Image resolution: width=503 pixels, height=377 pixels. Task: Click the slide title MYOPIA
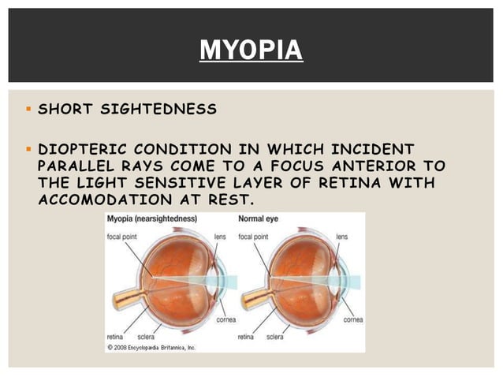(x=251, y=50)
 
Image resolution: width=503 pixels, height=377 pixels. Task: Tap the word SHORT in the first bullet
(x=62, y=109)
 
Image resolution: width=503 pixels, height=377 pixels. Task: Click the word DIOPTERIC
(x=83, y=149)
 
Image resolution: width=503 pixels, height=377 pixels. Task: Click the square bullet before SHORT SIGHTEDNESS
(x=28, y=109)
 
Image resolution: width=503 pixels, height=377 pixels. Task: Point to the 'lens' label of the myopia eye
(x=221, y=237)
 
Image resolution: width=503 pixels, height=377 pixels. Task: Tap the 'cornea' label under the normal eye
(x=352, y=320)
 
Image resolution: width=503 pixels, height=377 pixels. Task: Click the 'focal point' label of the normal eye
(x=255, y=237)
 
